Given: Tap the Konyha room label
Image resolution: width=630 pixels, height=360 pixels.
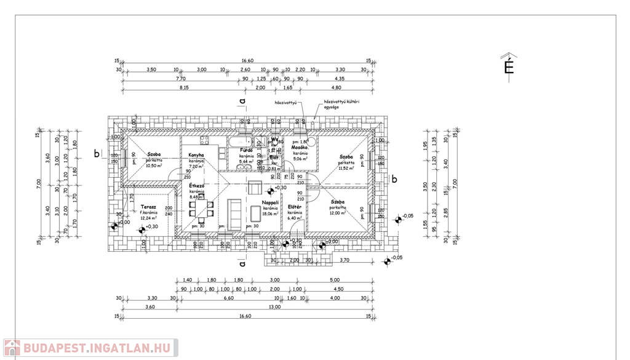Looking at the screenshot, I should point(196,155).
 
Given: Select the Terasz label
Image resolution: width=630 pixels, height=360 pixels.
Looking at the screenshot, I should point(148,207).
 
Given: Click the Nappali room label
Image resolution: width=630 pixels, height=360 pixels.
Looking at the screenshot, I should point(271,202).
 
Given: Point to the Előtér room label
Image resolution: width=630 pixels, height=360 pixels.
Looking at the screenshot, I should point(295,207).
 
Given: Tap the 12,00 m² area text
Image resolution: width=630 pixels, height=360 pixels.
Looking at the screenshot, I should point(338,213).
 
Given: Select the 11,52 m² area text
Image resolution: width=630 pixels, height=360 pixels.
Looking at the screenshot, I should point(346,168).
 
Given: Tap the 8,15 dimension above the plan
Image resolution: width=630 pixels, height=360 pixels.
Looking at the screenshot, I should point(184,88).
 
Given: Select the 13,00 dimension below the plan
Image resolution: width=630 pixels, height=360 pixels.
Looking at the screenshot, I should point(275,306).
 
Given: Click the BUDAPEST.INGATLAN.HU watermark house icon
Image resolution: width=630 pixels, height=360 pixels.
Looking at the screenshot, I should point(12,348).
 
